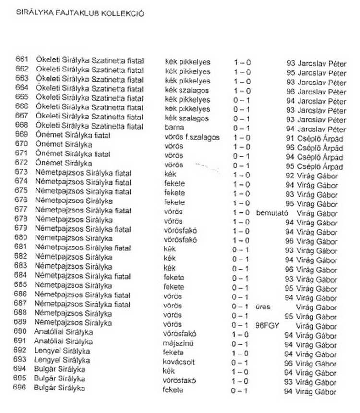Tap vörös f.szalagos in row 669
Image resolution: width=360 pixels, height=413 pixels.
(x=192, y=137)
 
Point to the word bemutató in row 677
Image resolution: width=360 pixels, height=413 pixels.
(x=272, y=212)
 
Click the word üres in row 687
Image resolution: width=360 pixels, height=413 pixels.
(x=264, y=307)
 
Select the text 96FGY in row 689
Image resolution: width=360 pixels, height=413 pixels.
(x=268, y=325)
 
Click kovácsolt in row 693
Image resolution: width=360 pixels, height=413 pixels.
(x=179, y=362)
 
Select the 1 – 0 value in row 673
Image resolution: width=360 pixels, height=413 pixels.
(x=241, y=175)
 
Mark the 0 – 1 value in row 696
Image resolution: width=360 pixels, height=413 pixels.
(x=240, y=391)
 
